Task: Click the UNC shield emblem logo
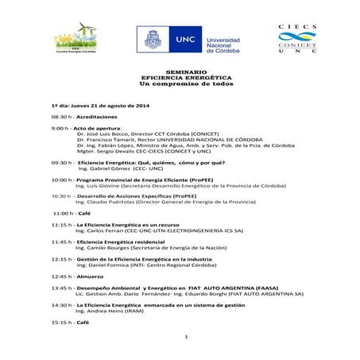point(152,40)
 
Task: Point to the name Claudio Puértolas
point(112,202)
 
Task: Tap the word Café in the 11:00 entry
point(83,213)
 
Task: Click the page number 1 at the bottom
point(184,337)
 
